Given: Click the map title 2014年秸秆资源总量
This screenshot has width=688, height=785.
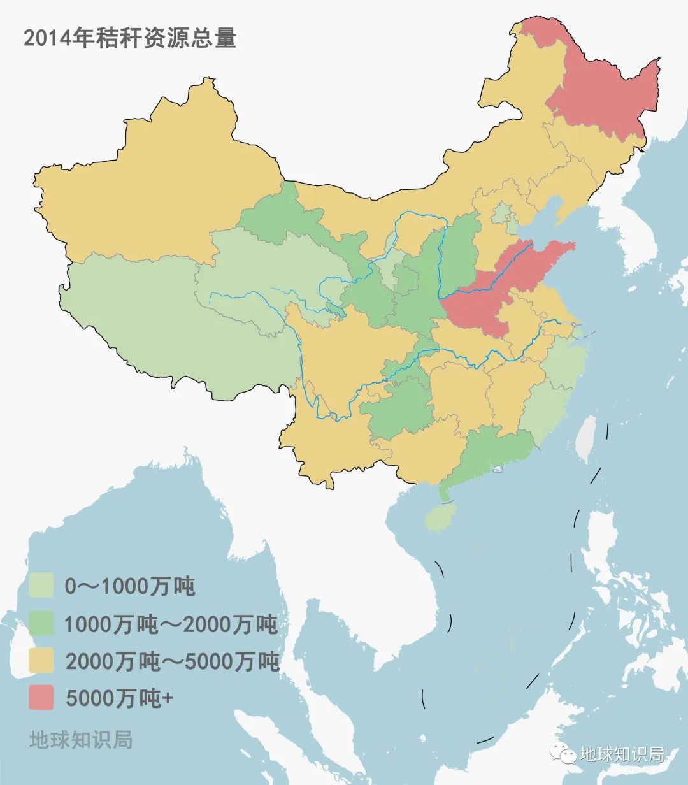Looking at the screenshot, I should tap(130, 38).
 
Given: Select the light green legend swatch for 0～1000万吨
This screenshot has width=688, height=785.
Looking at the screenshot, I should tap(41, 585).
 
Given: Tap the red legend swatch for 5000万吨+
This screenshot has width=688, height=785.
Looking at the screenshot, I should tap(41, 698).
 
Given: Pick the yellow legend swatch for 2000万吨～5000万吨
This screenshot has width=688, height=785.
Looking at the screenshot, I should tap(41, 661).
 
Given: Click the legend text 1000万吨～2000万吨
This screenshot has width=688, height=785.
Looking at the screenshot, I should tap(171, 624).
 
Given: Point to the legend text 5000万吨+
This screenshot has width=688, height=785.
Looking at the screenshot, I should tap(119, 698).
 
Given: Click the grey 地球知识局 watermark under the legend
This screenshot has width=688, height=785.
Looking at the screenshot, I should tap(81, 740).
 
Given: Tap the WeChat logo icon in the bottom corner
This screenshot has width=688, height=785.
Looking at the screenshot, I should tap(564, 754).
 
